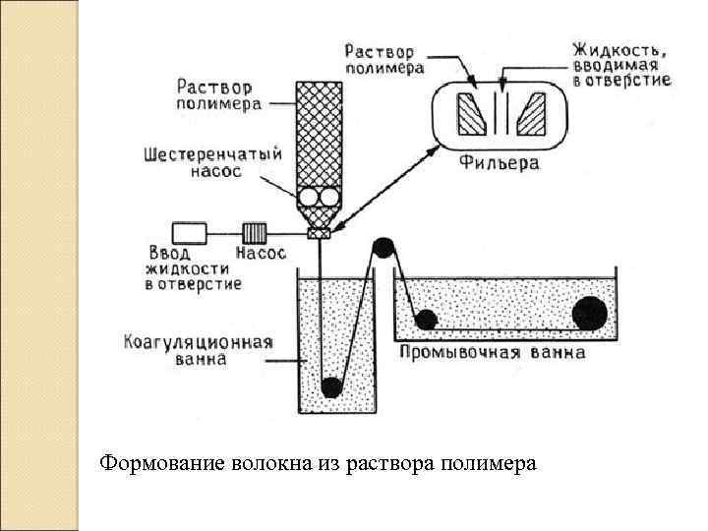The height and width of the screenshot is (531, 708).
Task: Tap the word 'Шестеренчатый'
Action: [212, 154]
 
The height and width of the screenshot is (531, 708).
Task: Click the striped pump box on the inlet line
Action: [255, 233]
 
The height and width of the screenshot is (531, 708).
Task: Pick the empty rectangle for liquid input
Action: [189, 233]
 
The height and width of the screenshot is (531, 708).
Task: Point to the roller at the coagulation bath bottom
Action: [332, 386]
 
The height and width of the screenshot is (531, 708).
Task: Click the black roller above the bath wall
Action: [383, 247]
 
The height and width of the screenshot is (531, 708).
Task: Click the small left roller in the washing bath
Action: [426, 319]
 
